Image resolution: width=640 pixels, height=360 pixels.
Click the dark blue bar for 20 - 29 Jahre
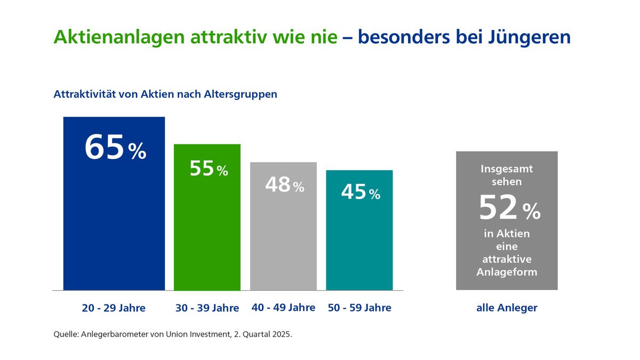point(114,224)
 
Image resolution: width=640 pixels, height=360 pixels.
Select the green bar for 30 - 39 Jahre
point(207,235)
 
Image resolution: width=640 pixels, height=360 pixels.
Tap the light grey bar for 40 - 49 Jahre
point(283,240)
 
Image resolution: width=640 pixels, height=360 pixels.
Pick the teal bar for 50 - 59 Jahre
point(359,245)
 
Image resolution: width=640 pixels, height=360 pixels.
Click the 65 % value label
point(115,148)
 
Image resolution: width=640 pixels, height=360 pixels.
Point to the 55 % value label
point(209,169)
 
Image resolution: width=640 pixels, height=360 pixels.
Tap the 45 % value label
point(360,193)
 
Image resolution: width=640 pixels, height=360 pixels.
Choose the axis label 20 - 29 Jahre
point(114,308)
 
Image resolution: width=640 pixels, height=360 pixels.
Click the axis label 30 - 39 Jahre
point(207,308)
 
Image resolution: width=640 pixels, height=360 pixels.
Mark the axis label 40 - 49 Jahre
point(283,308)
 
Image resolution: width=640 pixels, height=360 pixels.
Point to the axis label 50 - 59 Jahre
point(359,308)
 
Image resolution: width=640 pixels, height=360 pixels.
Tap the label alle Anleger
point(507,308)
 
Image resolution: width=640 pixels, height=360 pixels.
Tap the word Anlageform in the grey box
point(507,272)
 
